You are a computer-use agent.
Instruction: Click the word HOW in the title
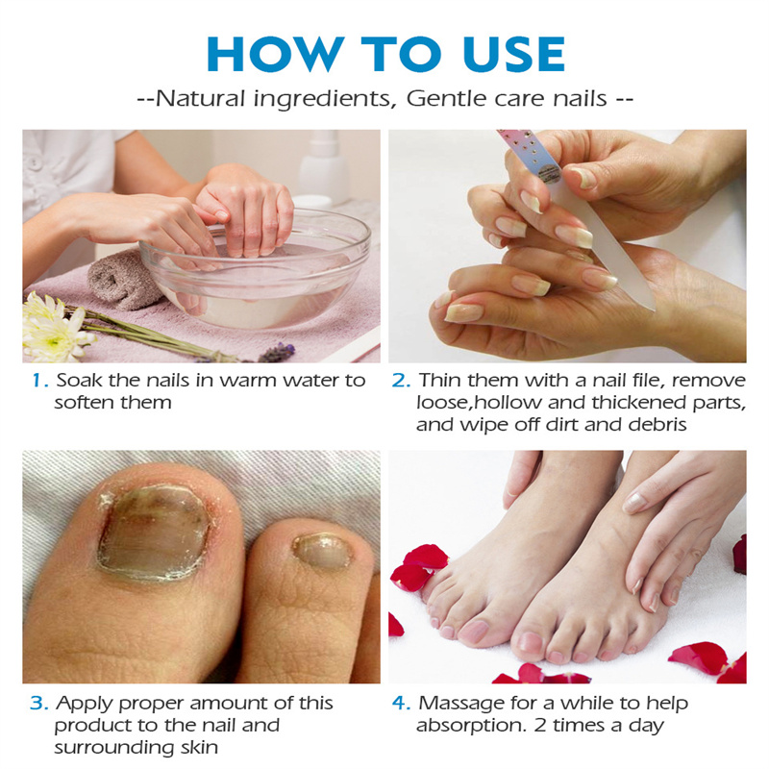[275, 54]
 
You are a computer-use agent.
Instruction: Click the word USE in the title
[514, 54]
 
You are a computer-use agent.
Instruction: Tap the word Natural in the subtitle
[200, 98]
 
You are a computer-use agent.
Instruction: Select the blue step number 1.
[39, 381]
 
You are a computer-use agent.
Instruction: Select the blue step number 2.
[401, 381]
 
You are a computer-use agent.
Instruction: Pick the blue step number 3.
[38, 704]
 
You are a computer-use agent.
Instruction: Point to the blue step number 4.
[401, 704]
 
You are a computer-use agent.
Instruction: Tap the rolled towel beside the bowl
[123, 281]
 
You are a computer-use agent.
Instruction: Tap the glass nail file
[579, 215]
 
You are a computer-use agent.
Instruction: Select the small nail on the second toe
[322, 552]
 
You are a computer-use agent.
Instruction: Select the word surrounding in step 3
[114, 749]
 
